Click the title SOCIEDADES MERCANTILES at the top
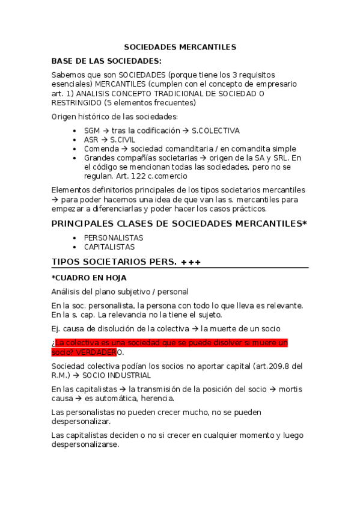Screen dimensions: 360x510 tap(180, 47)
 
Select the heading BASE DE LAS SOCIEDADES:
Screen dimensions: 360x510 tap(106, 61)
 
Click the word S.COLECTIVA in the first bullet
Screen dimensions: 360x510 tap(215, 131)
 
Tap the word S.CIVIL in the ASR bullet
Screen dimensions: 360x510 tap(124, 140)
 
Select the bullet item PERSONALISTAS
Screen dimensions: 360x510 tap(114, 238)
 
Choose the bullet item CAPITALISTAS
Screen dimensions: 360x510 tap(109, 247)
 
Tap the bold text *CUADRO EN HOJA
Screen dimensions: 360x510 tap(89, 278)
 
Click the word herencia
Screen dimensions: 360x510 tap(157, 399)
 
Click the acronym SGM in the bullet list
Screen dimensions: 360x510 tap(92, 131)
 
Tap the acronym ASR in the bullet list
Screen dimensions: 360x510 tap(91, 140)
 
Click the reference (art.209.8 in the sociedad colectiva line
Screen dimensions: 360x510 tap(267, 366)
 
